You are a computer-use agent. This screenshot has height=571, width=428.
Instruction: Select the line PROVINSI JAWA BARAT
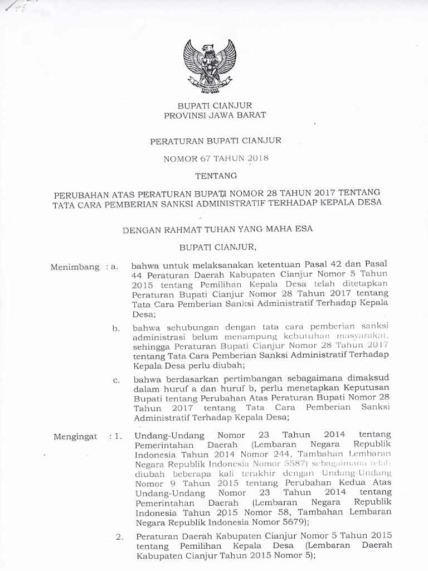[215, 115]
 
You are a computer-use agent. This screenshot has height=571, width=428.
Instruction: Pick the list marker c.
[116, 380]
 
